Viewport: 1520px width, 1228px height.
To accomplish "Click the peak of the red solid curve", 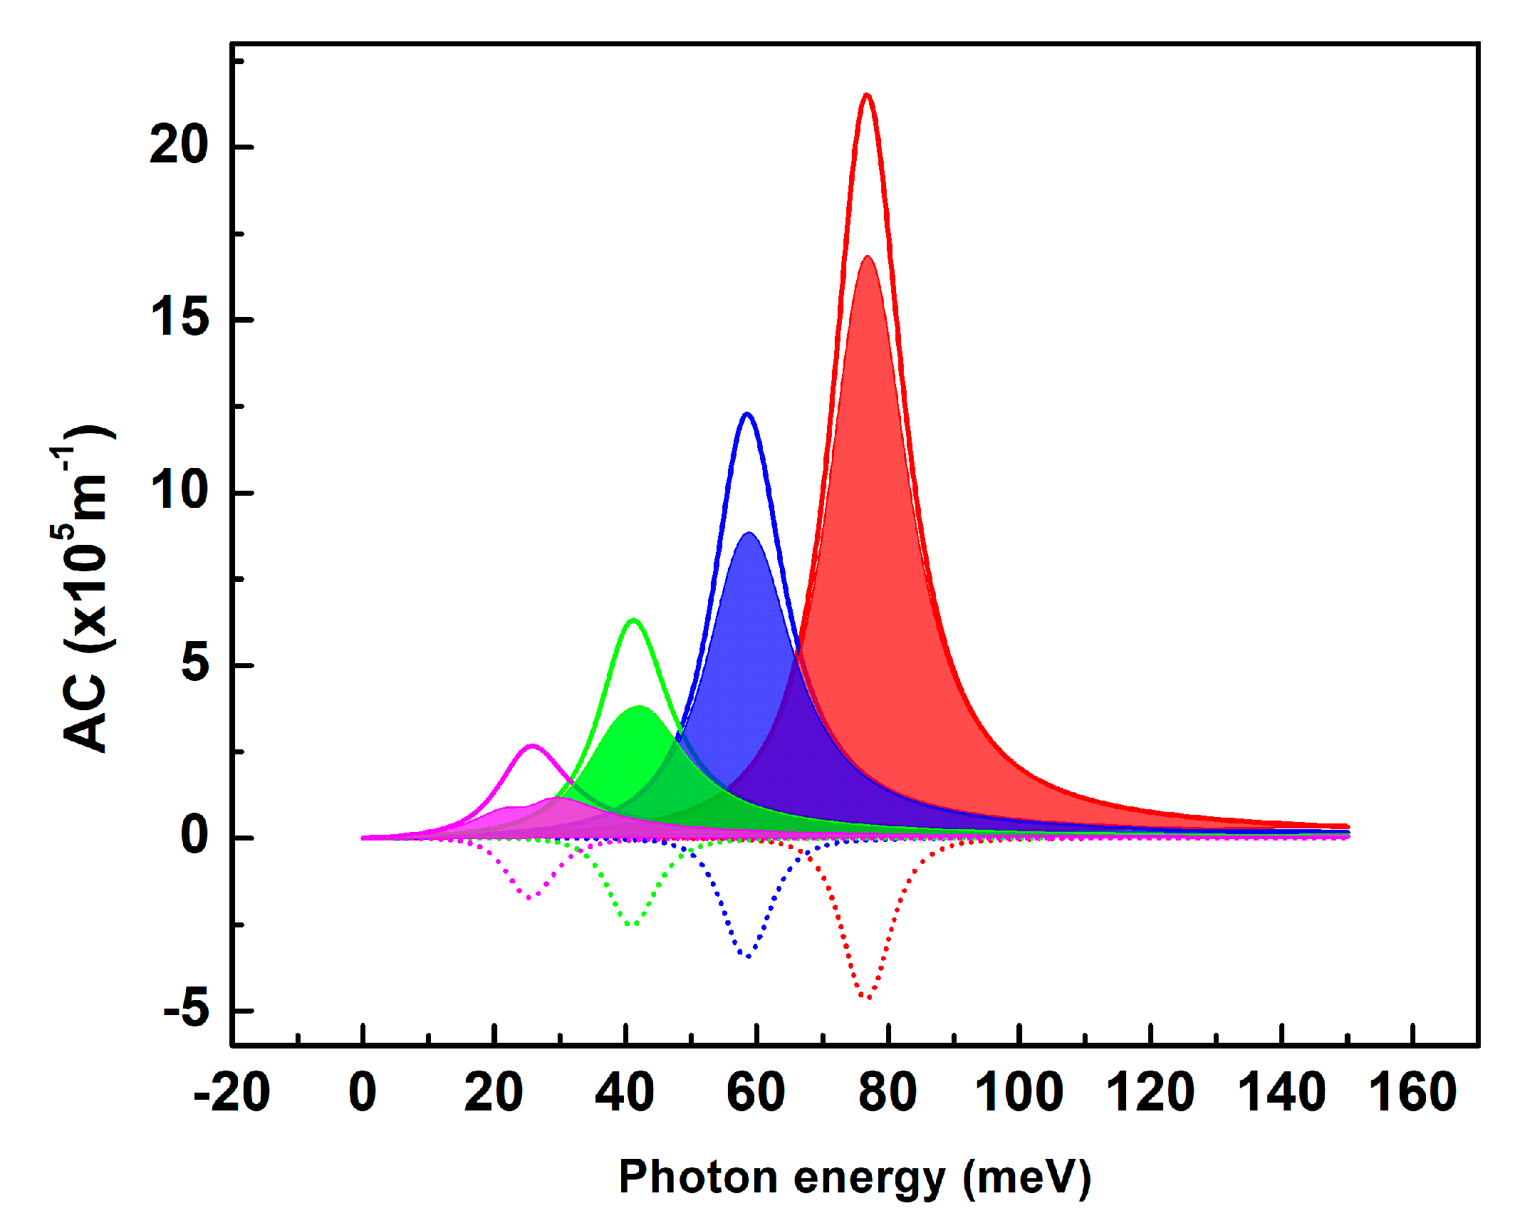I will coord(866,95).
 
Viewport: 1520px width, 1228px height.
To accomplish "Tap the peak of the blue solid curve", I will coord(747,414).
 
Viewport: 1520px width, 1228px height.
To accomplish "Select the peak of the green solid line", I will coord(633,620).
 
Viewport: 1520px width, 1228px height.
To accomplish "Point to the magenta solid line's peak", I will coord(532,746).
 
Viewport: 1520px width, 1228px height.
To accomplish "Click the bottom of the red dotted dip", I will coord(867,997).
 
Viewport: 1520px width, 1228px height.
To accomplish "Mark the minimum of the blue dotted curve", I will coord(748,956).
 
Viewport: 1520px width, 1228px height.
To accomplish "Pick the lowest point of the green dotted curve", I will coord(632,925).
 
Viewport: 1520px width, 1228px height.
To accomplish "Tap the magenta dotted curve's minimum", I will coord(529,897).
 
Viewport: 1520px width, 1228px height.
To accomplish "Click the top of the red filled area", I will coord(868,256).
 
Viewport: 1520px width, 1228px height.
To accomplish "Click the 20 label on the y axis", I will coord(178,145).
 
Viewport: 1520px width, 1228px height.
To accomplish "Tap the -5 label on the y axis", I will coord(186,1009).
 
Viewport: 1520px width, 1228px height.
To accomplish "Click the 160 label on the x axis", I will coord(1412,1092).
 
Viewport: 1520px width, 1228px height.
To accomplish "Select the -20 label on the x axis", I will coord(231,1092).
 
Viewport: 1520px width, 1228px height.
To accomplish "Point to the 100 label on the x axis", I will coord(1019,1092).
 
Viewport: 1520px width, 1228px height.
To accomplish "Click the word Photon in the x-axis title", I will coord(697,1177).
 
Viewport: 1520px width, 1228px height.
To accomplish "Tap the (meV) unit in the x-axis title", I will coord(1026,1177).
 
